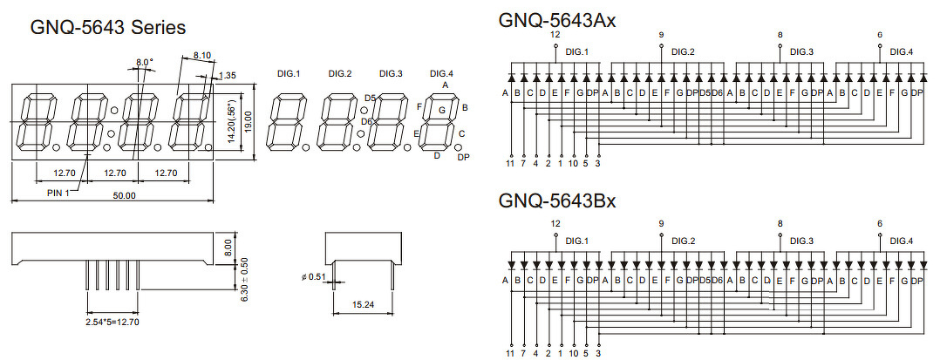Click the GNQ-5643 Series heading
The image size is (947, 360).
point(108,27)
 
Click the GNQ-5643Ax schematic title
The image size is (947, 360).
point(557,20)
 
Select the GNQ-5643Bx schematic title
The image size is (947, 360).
point(557,201)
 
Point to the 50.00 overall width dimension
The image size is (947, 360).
point(125,196)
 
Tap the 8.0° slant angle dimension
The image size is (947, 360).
point(144,62)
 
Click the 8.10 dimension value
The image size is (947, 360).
point(201,55)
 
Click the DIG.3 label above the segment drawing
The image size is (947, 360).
point(391,73)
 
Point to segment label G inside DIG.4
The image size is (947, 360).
point(442,110)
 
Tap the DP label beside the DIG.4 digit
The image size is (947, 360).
point(463,157)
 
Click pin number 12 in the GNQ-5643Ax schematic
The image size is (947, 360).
point(555,34)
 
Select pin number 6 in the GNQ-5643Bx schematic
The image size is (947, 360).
point(880,223)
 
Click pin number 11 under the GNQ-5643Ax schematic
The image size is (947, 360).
point(510,163)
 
